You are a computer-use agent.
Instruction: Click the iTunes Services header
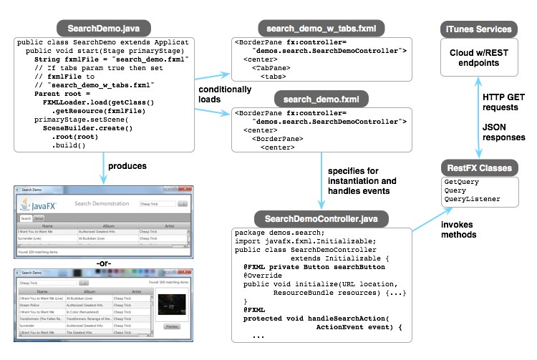point(479,29)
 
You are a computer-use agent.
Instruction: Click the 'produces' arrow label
point(127,167)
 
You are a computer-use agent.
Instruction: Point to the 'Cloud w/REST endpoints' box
point(479,58)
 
